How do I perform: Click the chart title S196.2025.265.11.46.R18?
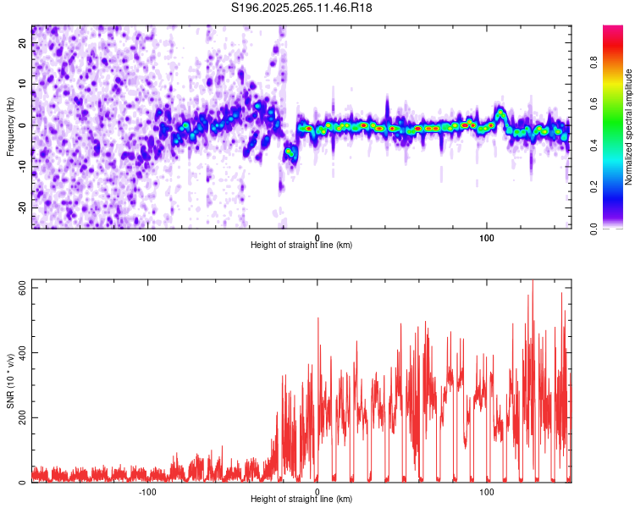click(302, 8)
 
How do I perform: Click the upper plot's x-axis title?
click(301, 245)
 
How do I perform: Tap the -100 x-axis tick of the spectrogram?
click(148, 236)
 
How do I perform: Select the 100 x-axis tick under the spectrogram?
click(487, 236)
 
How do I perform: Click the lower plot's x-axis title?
click(301, 499)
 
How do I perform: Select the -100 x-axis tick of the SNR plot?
click(148, 491)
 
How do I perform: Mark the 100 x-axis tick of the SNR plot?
click(487, 491)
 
